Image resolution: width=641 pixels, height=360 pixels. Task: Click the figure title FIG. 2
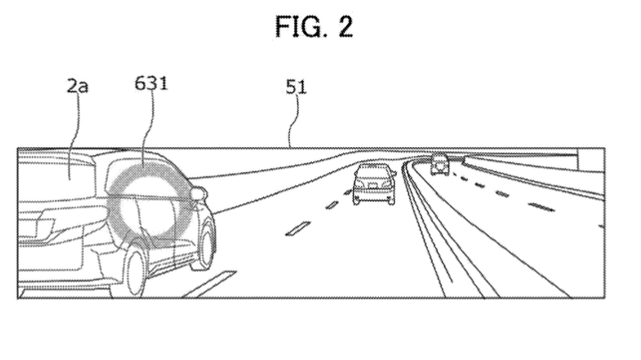314,27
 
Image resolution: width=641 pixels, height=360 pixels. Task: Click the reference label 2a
78,86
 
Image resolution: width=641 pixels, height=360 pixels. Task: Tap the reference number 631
151,83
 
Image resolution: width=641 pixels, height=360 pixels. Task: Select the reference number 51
296,87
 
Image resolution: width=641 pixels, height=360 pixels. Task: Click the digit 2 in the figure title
345,27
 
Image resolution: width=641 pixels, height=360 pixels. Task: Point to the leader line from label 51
292,121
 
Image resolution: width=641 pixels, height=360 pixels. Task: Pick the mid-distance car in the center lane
374,184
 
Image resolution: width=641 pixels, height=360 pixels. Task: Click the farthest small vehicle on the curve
440,164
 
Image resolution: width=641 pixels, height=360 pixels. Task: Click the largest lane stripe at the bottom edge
209,283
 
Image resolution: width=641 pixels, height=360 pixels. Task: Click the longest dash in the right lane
541,207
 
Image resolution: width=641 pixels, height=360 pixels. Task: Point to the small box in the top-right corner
591,160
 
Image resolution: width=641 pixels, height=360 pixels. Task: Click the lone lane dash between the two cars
298,228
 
